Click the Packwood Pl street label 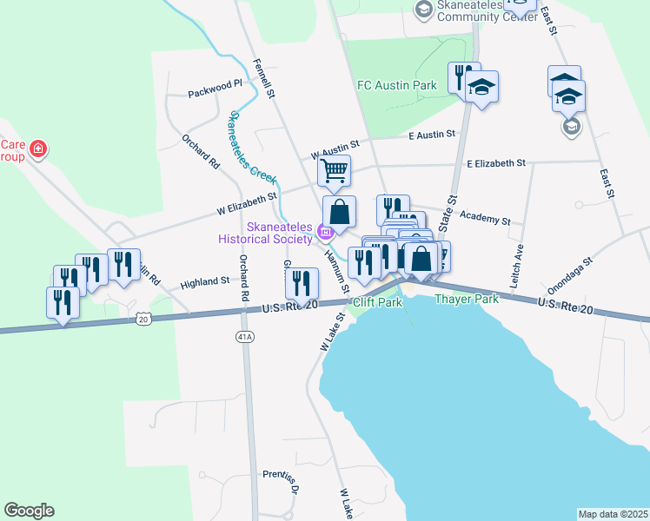click(216, 86)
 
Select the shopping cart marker click(334, 170)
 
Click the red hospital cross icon click(37, 150)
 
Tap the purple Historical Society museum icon click(325, 231)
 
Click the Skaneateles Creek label click(251, 148)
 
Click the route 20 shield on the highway click(143, 320)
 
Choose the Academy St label click(484, 216)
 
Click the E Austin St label click(432, 134)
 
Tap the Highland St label click(204, 282)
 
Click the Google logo click(29, 511)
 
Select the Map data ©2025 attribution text click(612, 513)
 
